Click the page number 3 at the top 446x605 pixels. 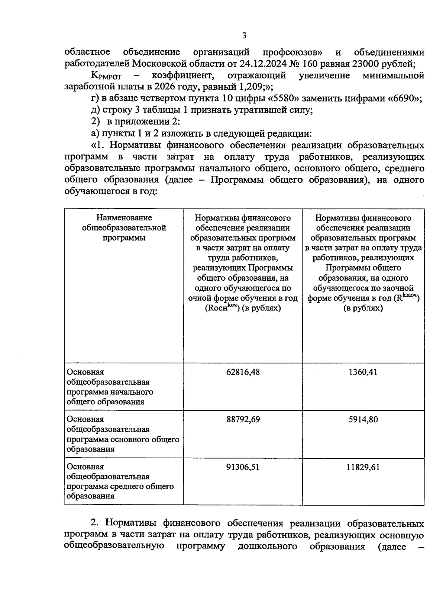[x=244, y=36]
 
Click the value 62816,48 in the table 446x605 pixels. [x=243, y=372]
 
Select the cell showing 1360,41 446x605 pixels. [x=363, y=372]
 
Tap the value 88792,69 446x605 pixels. [x=243, y=419]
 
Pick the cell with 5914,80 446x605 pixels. [x=363, y=419]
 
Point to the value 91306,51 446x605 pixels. [x=243, y=467]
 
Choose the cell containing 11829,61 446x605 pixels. [x=363, y=467]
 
